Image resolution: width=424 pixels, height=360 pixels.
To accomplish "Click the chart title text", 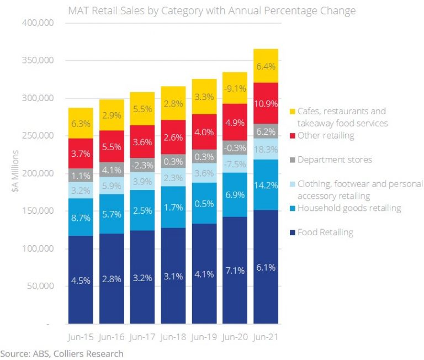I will click(211, 10).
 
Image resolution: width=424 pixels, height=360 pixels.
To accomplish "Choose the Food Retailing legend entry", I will click(325, 232).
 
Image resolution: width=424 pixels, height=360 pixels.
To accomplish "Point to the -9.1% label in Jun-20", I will click(235, 88).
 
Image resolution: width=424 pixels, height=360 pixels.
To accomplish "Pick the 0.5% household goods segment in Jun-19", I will click(204, 203).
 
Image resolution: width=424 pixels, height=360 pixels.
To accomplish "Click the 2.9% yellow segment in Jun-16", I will click(112, 115).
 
